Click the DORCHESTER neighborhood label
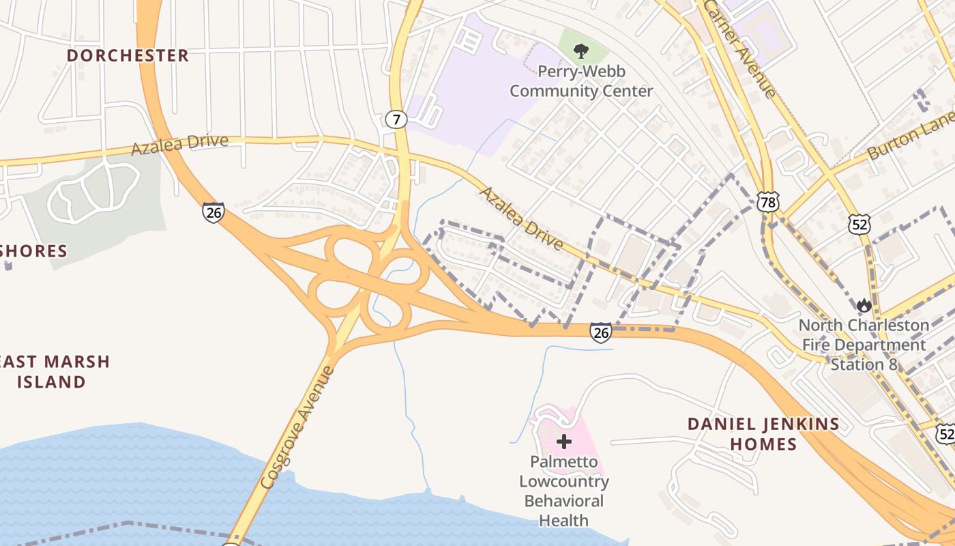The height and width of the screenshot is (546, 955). pos(128,55)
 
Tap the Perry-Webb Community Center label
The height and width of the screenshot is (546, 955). pos(581,81)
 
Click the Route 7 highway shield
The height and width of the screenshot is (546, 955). pos(396,120)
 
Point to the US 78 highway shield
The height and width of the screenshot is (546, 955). pos(767,201)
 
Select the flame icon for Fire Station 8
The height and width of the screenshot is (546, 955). pos(864,305)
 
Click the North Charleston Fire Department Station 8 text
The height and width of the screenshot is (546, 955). pos(864,345)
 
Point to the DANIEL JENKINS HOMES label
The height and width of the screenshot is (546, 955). pos(763,434)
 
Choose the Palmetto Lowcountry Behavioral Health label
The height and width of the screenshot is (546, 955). pos(564,491)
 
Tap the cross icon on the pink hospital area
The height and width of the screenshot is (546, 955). pos(564,442)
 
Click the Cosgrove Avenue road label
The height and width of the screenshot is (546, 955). pos(298,428)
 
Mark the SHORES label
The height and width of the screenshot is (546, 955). pos(34,251)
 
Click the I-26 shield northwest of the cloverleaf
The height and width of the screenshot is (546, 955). pos(214,212)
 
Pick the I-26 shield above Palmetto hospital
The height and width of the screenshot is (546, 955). pos(600,332)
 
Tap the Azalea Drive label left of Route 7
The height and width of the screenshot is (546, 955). pos(179,143)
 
